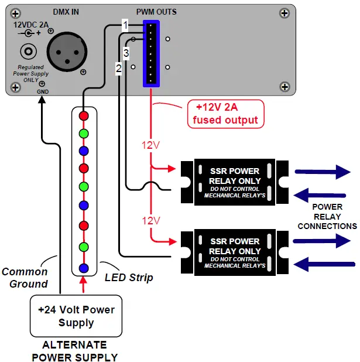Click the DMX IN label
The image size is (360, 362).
pos(66,12)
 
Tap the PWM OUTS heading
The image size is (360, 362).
pos(156,12)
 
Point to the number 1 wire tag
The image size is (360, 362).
pos(125,25)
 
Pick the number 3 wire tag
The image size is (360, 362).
pos(126,53)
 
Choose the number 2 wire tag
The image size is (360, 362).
pos(118,69)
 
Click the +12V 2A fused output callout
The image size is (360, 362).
pos(225,114)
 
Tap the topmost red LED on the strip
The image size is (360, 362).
pos(84,116)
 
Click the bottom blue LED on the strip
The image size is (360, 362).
pos(84,268)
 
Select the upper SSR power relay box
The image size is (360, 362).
pos(234,182)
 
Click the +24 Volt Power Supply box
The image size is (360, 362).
pos(76,316)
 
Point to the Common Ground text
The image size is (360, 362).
pos(25,278)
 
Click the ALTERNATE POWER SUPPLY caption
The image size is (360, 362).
pos(74,351)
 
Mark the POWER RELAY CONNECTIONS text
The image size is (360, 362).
pos(327,216)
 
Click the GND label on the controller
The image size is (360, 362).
pos(42,92)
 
